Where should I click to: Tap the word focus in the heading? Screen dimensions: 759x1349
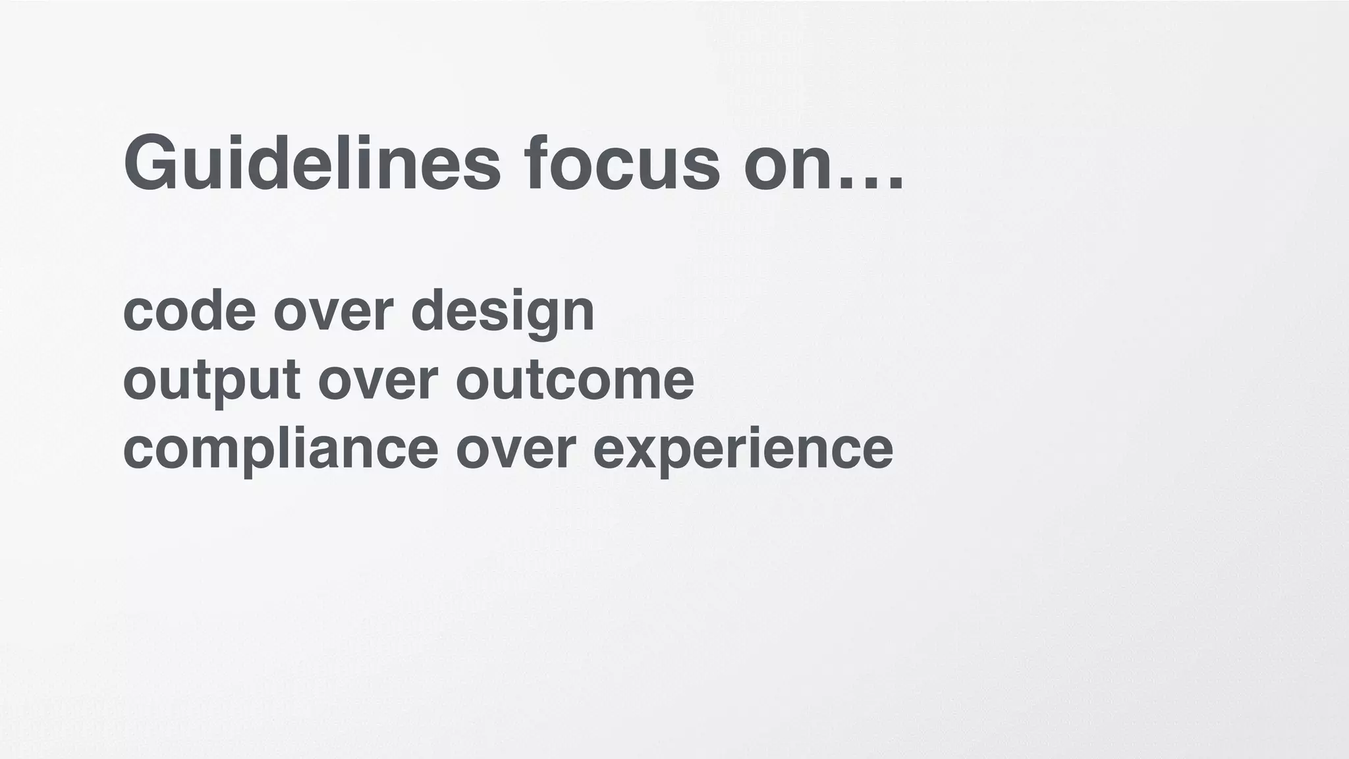(622, 162)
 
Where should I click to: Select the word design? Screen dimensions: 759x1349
(503, 312)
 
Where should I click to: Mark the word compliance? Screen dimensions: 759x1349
(280, 449)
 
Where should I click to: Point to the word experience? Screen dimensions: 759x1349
(743, 451)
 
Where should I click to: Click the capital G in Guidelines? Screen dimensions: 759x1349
(150, 162)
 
